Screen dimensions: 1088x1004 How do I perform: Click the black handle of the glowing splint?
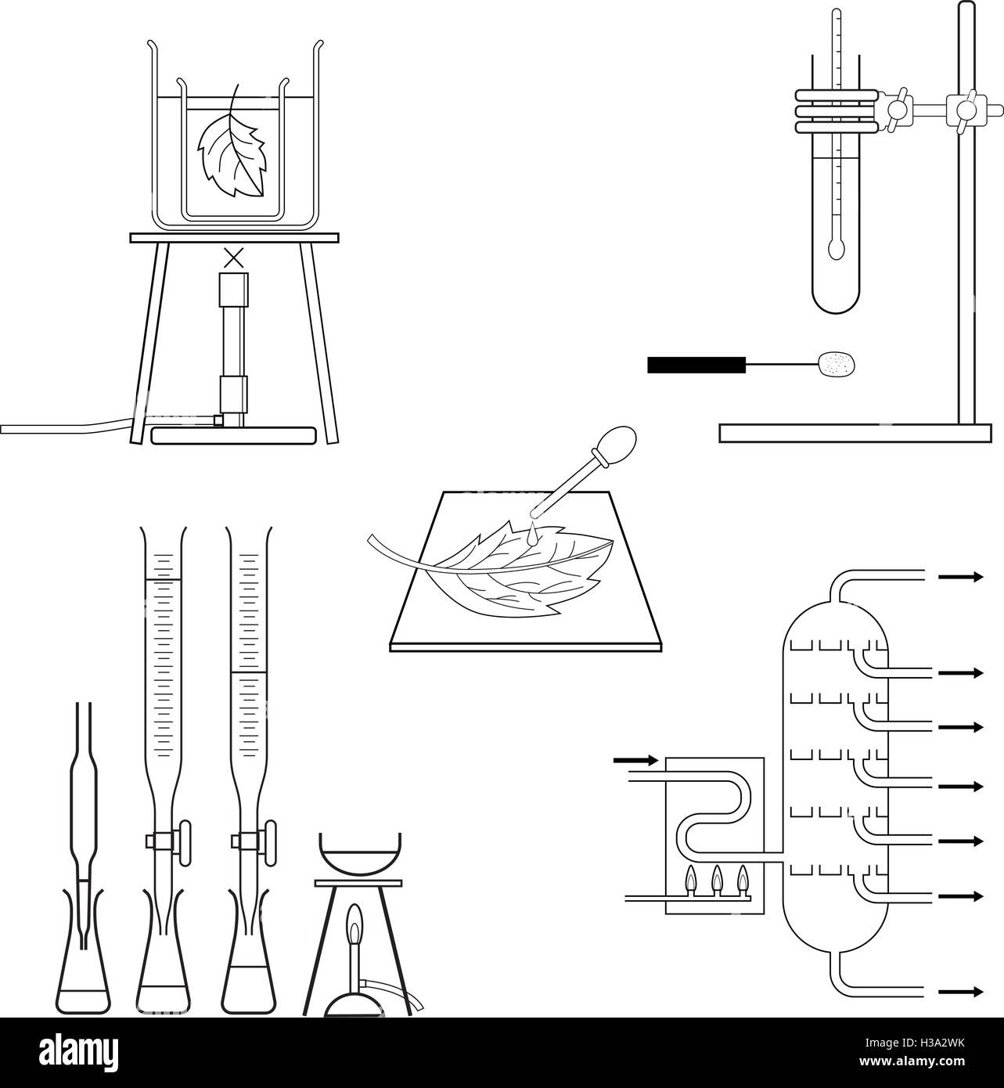pos(694,364)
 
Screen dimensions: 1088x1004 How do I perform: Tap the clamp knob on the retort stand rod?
pos(965,109)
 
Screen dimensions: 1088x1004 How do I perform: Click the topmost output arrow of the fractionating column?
pos(960,577)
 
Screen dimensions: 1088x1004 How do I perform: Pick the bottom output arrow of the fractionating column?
pos(960,992)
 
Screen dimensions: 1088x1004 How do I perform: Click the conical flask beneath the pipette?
pos(84,978)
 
